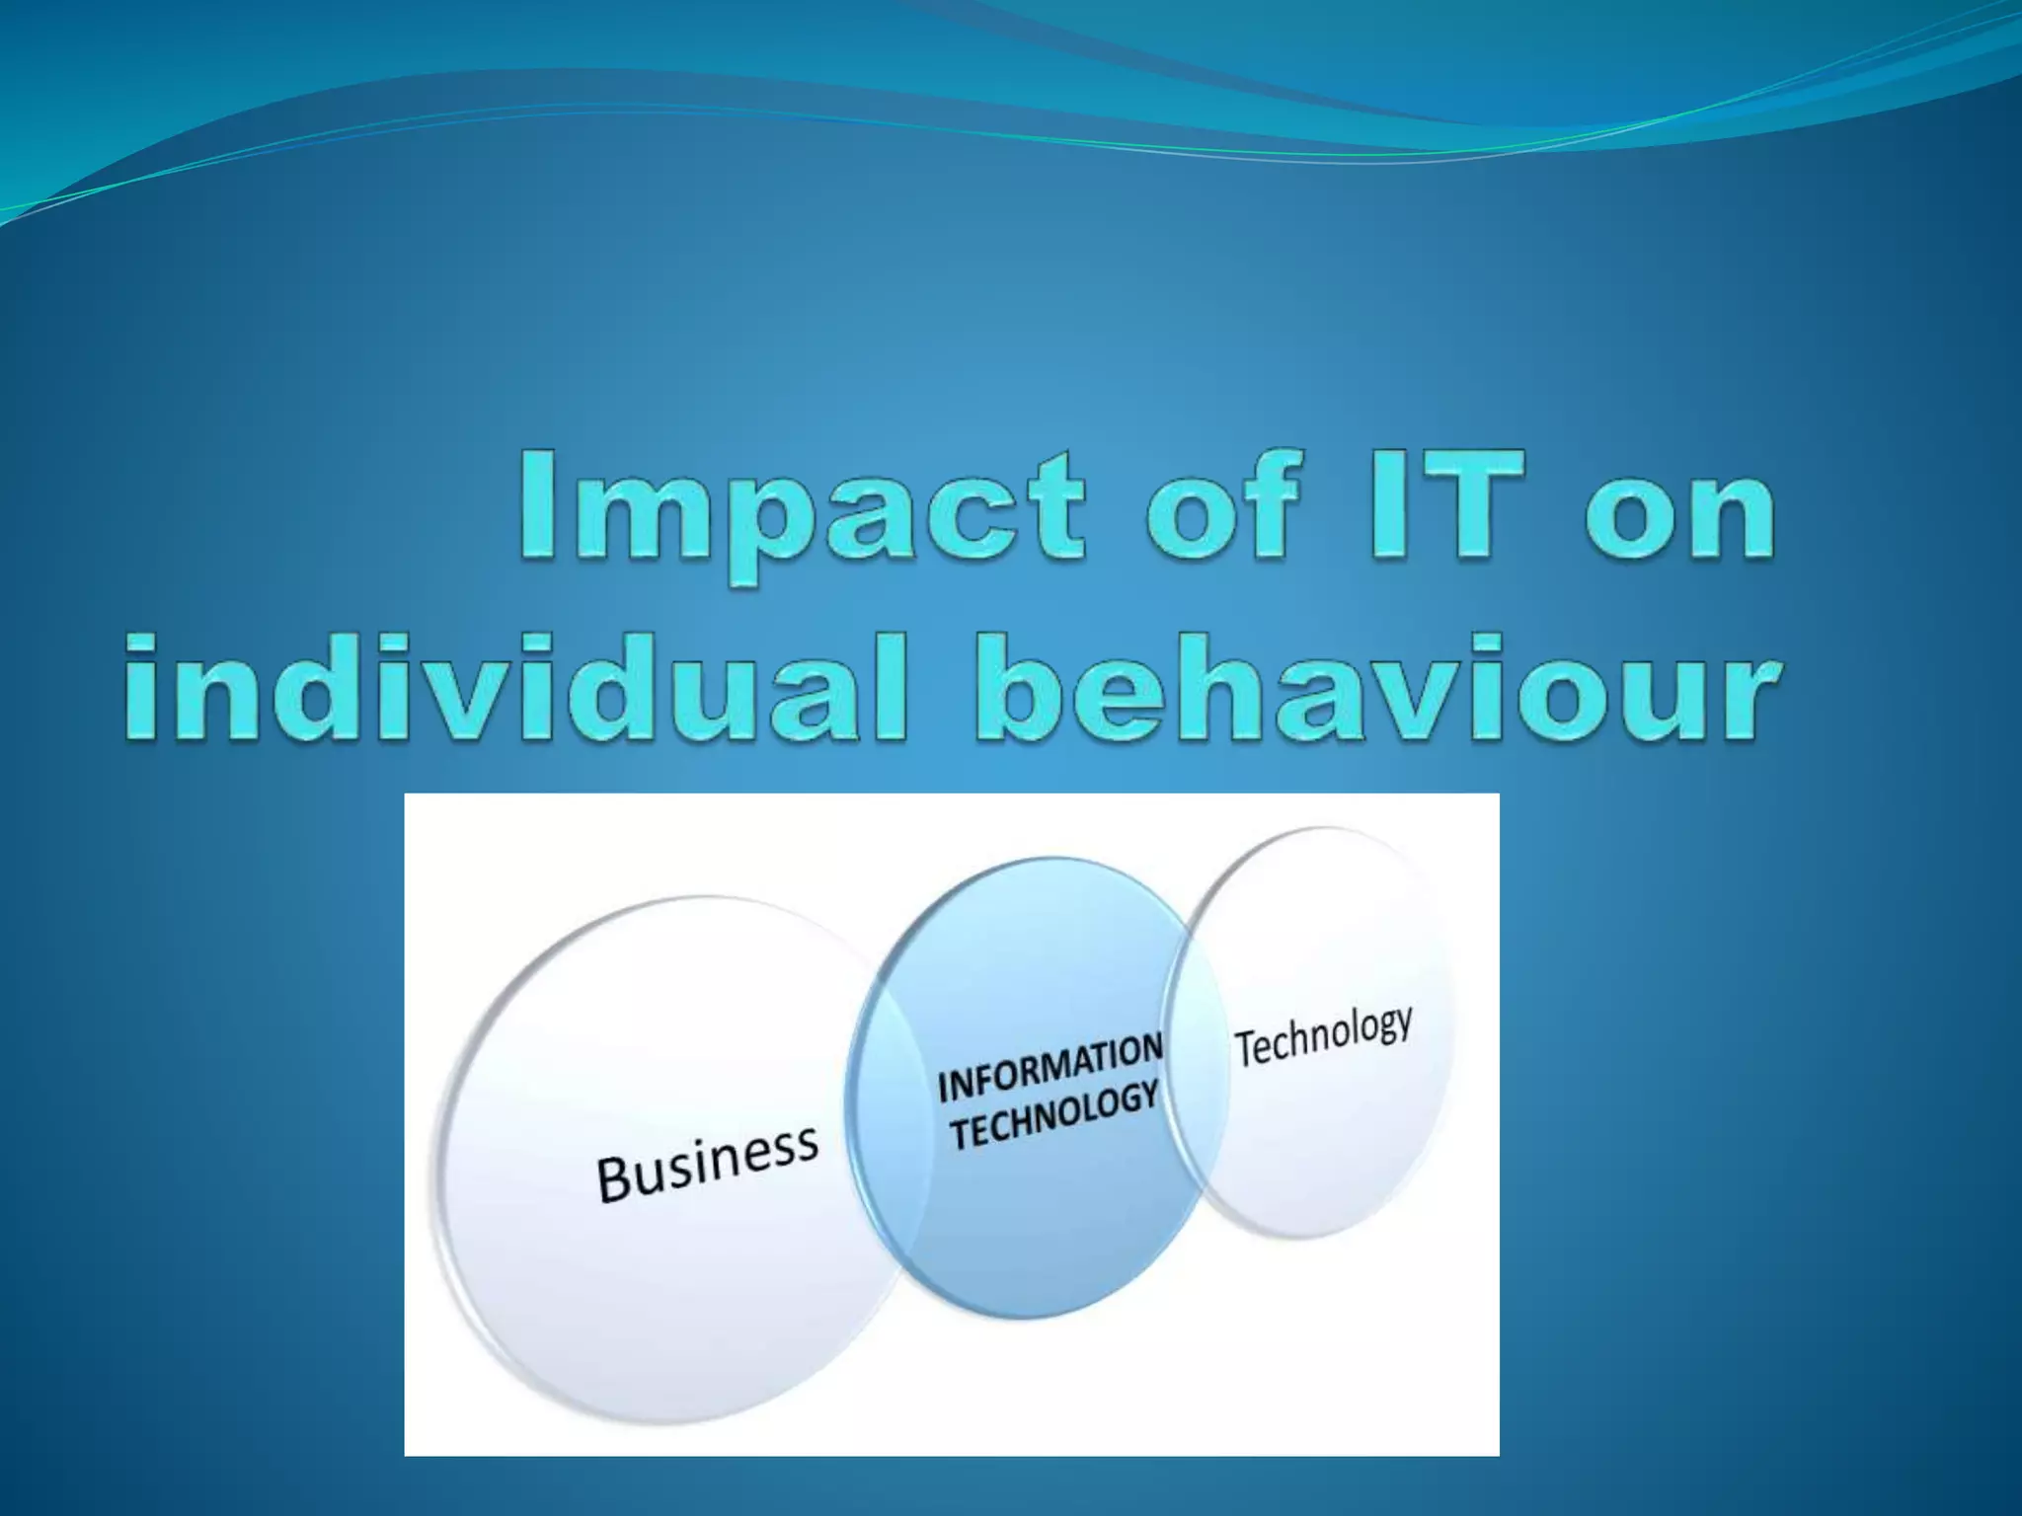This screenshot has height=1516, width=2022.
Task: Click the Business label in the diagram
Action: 707,1165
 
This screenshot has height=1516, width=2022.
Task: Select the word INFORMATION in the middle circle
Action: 1050,1068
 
